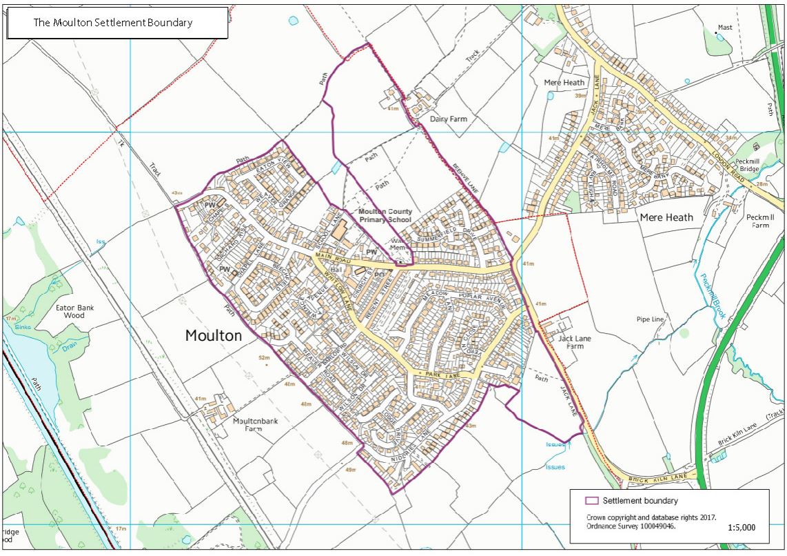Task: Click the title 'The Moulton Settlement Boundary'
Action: (x=113, y=23)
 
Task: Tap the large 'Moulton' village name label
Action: (x=214, y=336)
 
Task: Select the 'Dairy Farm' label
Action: (x=449, y=119)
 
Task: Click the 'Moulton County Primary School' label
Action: (x=385, y=215)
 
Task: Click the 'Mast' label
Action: (x=725, y=28)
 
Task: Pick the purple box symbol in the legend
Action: (x=590, y=501)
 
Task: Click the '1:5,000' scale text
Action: (x=742, y=527)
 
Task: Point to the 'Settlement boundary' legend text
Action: (x=640, y=501)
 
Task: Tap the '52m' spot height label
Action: (x=264, y=357)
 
